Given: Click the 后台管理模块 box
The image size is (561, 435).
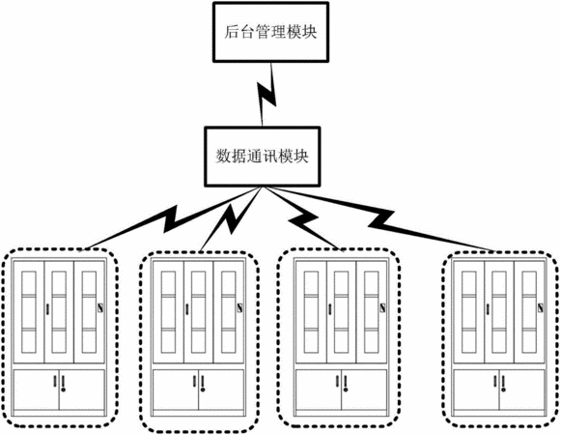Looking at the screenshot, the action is (270, 32).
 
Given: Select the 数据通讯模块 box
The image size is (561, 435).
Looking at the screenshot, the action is (263, 157).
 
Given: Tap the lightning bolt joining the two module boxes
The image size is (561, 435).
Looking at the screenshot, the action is (267, 95).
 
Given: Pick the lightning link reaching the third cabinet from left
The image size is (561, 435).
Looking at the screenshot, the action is (303, 218).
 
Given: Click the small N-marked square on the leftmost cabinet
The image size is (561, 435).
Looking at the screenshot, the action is (100, 307).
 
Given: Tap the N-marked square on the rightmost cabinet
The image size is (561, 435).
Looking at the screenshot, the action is (541, 307).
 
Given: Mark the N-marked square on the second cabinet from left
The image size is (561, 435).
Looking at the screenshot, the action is (239, 307).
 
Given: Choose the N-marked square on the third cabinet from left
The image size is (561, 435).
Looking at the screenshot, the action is (382, 307).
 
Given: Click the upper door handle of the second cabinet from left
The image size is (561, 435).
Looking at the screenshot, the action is (186, 309).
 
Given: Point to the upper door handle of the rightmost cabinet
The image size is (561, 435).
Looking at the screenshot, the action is (488, 309).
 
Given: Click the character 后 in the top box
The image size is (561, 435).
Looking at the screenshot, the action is (232, 32).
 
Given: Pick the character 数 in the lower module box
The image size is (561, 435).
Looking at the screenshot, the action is (223, 157).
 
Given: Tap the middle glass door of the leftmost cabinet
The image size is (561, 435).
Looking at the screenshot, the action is (59, 311).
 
